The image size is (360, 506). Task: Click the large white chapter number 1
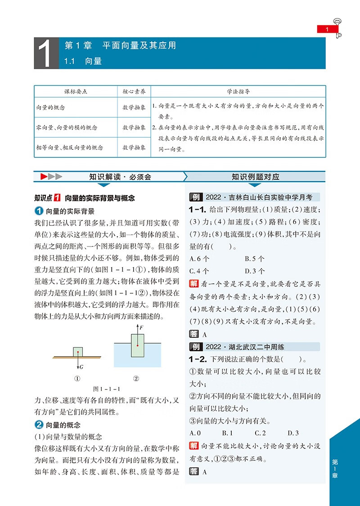46,54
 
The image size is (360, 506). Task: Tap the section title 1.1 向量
83,61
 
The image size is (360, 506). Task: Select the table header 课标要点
76,91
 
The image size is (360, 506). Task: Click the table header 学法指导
238,91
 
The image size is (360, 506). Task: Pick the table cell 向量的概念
50,108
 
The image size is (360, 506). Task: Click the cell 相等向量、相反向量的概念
69,147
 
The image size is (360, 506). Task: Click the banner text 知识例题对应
255,177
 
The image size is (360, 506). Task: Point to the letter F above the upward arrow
141,327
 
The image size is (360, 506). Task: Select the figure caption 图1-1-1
108,389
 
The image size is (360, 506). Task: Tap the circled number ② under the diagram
136,378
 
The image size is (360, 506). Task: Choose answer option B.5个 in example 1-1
255,259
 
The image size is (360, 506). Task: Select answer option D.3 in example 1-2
293,433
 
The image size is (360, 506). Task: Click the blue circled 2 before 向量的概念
39,425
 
